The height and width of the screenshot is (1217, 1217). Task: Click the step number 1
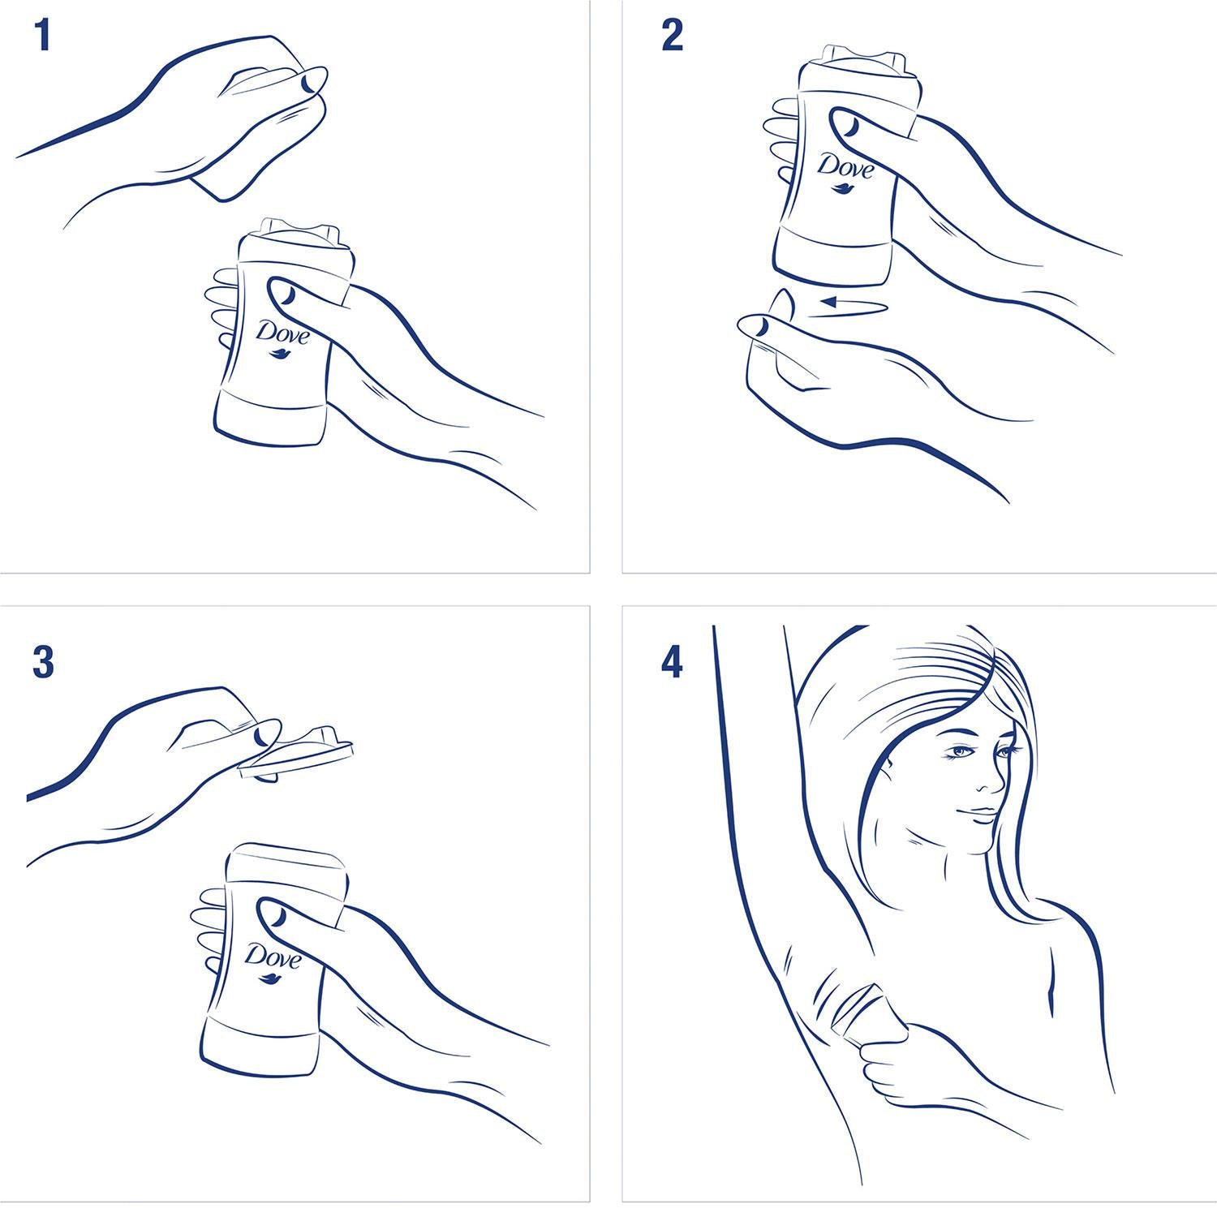click(x=43, y=37)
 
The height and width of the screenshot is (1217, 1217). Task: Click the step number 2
click(x=672, y=37)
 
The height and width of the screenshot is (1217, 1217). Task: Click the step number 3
click(x=43, y=662)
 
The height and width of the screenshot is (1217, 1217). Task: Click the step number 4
click(x=672, y=663)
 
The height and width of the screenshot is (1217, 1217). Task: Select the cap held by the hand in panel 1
click(x=252, y=122)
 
